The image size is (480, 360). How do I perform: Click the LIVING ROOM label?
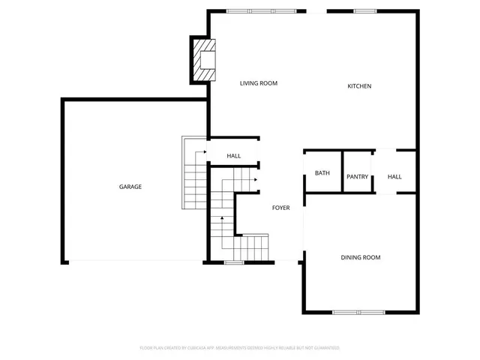click(x=259, y=83)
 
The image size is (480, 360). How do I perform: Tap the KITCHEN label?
click(x=359, y=86)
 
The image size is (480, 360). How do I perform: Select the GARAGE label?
click(x=130, y=187)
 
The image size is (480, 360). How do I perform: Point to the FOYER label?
click(x=280, y=207)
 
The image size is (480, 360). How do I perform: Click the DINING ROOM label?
click(x=361, y=257)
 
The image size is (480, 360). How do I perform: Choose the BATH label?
click(x=322, y=173)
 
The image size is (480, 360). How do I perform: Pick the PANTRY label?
click(x=357, y=177)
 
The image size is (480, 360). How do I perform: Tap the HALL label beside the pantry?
click(x=394, y=177)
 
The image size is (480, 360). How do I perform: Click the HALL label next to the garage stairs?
click(x=234, y=156)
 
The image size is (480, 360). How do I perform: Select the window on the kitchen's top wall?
click(x=365, y=11)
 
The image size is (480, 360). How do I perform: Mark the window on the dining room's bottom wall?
click(x=358, y=312)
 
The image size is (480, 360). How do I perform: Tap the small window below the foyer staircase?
click(x=234, y=262)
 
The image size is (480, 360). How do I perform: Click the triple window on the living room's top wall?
click(x=262, y=11)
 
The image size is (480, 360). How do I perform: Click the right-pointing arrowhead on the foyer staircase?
click(x=256, y=180)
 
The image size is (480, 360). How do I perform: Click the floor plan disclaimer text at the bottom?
click(x=240, y=348)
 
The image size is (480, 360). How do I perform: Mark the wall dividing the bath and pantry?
click(x=342, y=172)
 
